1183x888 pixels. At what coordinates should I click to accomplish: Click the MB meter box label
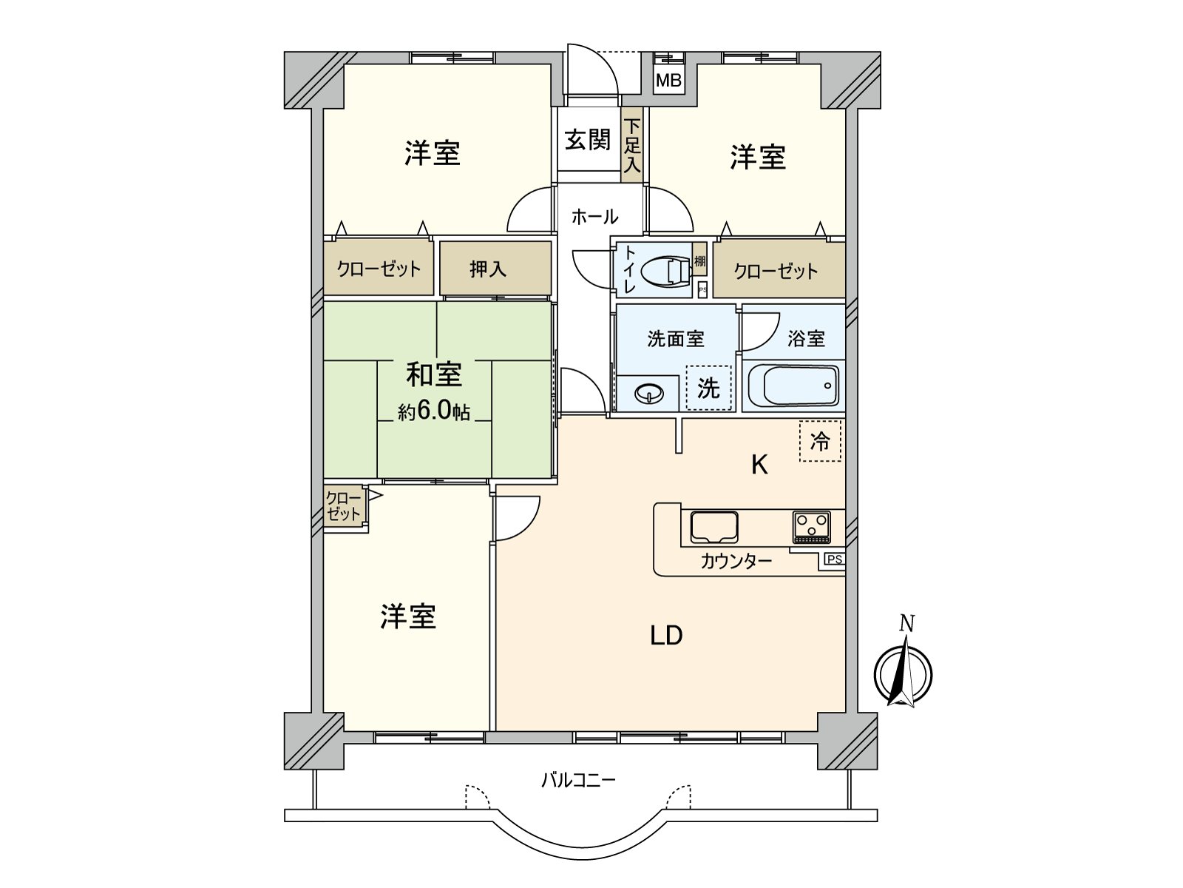[x=668, y=81]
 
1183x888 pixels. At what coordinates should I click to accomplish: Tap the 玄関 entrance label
[x=588, y=140]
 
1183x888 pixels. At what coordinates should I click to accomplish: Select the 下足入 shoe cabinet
[x=631, y=146]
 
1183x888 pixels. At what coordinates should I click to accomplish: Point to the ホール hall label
[x=594, y=217]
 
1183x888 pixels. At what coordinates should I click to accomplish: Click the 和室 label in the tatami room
[x=434, y=374]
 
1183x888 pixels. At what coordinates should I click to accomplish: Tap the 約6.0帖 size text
[x=434, y=411]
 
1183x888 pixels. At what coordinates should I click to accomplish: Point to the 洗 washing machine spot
[x=708, y=388]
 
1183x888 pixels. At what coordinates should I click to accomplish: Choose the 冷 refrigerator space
[x=820, y=442]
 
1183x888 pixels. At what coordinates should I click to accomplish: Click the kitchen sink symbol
[x=714, y=527]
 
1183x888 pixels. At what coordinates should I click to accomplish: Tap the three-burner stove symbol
[x=811, y=527]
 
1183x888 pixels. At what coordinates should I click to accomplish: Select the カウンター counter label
[x=736, y=562]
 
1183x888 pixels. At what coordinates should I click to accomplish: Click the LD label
[x=666, y=636]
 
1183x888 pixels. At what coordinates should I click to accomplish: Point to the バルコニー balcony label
[x=578, y=780]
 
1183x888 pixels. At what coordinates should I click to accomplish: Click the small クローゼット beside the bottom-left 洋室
[x=344, y=507]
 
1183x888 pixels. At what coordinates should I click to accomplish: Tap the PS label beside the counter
[x=834, y=559]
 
